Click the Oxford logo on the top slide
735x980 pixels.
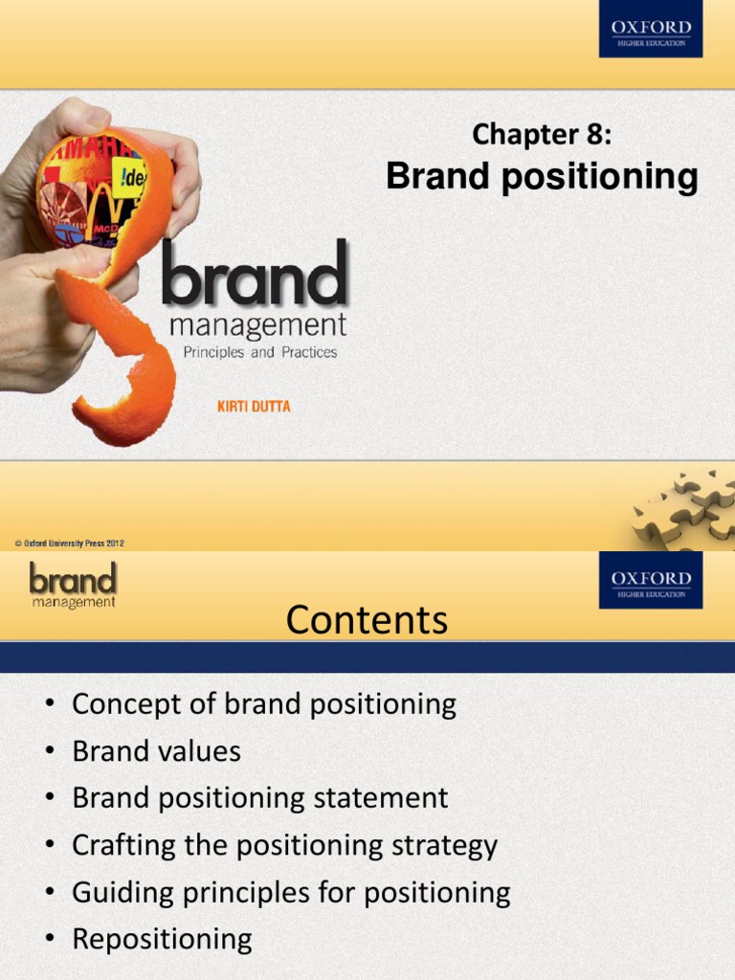pos(651,29)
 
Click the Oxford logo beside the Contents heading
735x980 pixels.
pos(651,580)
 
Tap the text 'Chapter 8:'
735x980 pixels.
pos(541,135)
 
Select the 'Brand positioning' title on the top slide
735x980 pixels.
pos(542,177)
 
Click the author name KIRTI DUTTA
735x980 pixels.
pos(254,407)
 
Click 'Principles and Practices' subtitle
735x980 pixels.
pos(259,352)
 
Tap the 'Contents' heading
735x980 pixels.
pos(367,620)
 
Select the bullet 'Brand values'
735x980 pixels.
pos(156,751)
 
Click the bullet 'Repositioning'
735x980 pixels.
pos(162,939)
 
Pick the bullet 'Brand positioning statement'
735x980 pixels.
pos(259,798)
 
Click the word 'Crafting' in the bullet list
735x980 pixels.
pos(116,845)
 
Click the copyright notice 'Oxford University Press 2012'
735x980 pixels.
pos(70,544)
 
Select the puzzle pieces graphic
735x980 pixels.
pos(684,509)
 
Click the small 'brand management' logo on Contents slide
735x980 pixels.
pos(72,585)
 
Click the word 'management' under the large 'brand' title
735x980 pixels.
pos(257,326)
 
